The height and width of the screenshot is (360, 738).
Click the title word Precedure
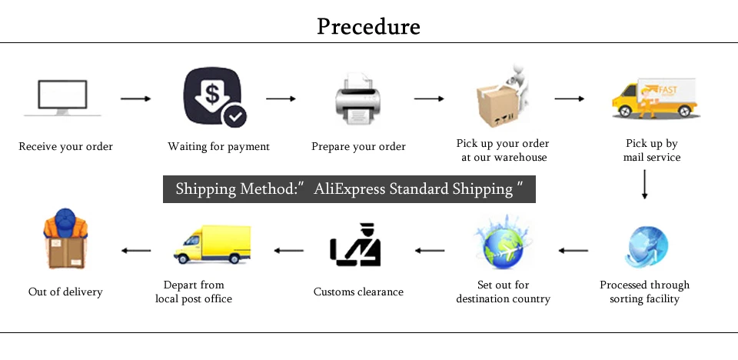point(368,27)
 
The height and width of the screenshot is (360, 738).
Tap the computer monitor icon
point(64,98)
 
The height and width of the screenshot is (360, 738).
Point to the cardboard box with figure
point(500,100)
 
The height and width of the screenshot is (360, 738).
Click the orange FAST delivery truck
point(653,98)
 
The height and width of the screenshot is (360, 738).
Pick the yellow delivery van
point(212,245)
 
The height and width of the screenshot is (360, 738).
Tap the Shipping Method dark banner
point(349,189)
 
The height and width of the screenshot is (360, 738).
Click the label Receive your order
point(66,146)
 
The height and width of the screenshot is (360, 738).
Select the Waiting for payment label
point(219,146)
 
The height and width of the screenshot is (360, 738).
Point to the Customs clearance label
point(358,292)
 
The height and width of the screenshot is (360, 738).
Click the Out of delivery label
point(65,292)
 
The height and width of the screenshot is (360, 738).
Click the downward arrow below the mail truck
point(644,185)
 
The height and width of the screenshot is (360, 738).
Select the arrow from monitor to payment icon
point(135,98)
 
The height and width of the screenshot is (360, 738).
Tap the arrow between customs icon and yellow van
point(290,250)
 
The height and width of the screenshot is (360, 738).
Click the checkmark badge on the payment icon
point(234,117)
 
